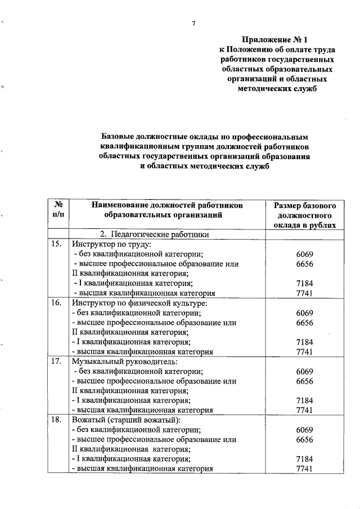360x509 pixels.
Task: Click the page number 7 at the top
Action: point(193,24)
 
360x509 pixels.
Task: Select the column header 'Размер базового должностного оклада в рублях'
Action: point(304,215)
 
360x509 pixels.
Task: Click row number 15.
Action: point(56,244)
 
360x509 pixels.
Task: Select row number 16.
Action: point(56,303)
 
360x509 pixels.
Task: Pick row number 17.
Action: point(56,361)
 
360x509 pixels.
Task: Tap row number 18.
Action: point(56,420)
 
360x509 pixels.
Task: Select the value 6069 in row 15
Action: point(304,254)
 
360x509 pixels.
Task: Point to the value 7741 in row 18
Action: point(304,469)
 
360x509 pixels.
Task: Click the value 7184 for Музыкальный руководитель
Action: point(304,400)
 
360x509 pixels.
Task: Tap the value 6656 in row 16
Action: point(304,322)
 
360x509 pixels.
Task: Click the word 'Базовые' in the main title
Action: point(118,137)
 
